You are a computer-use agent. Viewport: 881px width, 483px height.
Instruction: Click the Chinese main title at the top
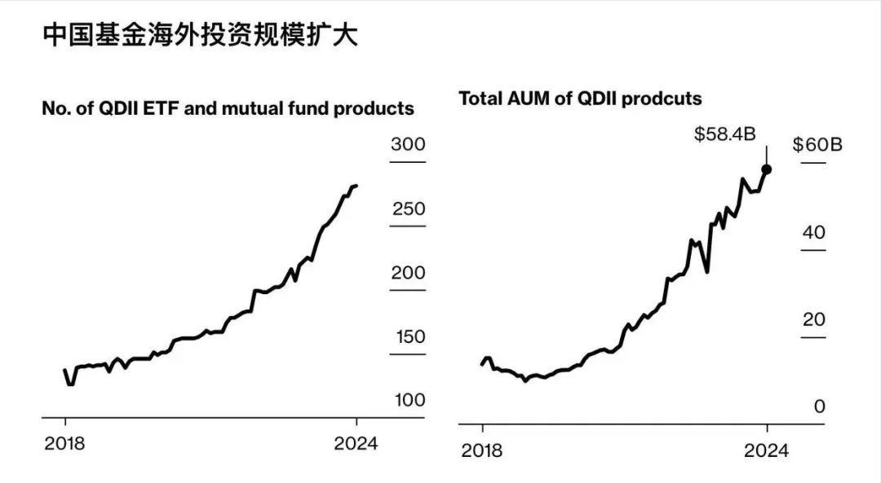click(199, 36)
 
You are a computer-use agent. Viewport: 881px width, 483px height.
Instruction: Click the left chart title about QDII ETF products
click(228, 108)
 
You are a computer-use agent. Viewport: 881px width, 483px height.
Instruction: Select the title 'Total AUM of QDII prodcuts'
click(580, 99)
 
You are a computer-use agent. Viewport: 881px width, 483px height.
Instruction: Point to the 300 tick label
click(408, 145)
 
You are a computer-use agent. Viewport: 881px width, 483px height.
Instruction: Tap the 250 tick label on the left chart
click(408, 209)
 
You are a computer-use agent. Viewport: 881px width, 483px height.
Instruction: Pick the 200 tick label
click(408, 273)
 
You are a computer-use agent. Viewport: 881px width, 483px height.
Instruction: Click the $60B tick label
click(817, 145)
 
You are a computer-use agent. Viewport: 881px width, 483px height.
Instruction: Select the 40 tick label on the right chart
click(814, 232)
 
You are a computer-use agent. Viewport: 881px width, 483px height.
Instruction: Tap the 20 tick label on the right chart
click(814, 319)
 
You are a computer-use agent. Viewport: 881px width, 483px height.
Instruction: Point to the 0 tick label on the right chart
click(820, 406)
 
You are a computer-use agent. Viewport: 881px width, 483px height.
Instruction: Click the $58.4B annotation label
click(724, 134)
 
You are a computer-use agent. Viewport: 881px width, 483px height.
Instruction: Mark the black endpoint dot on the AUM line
click(767, 169)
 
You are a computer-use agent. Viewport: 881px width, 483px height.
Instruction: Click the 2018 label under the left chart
click(65, 444)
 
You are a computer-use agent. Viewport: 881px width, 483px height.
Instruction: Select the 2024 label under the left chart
click(356, 444)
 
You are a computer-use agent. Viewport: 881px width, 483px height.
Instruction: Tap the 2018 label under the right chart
click(482, 450)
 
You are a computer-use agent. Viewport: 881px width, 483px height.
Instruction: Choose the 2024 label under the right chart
click(767, 450)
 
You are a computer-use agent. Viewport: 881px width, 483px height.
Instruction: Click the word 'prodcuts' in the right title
click(666, 99)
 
